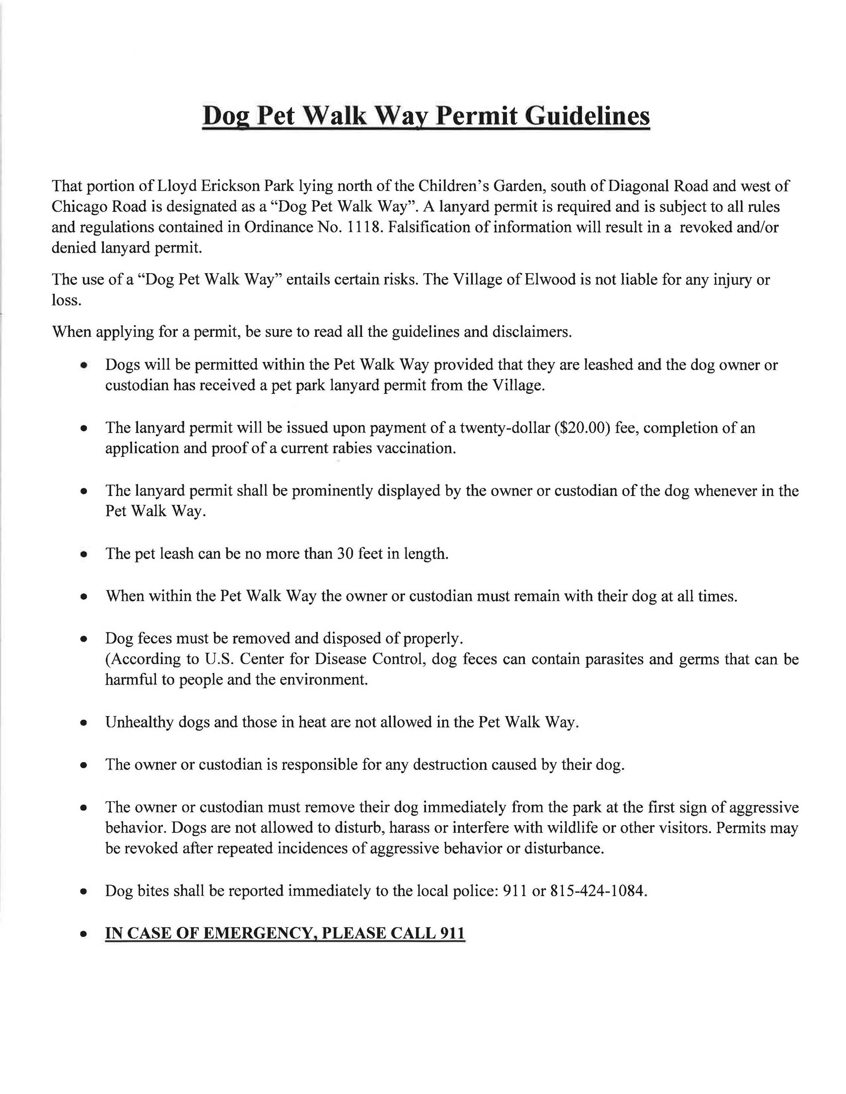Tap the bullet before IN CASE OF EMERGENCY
[x=85, y=935]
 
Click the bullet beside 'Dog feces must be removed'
[x=85, y=640]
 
